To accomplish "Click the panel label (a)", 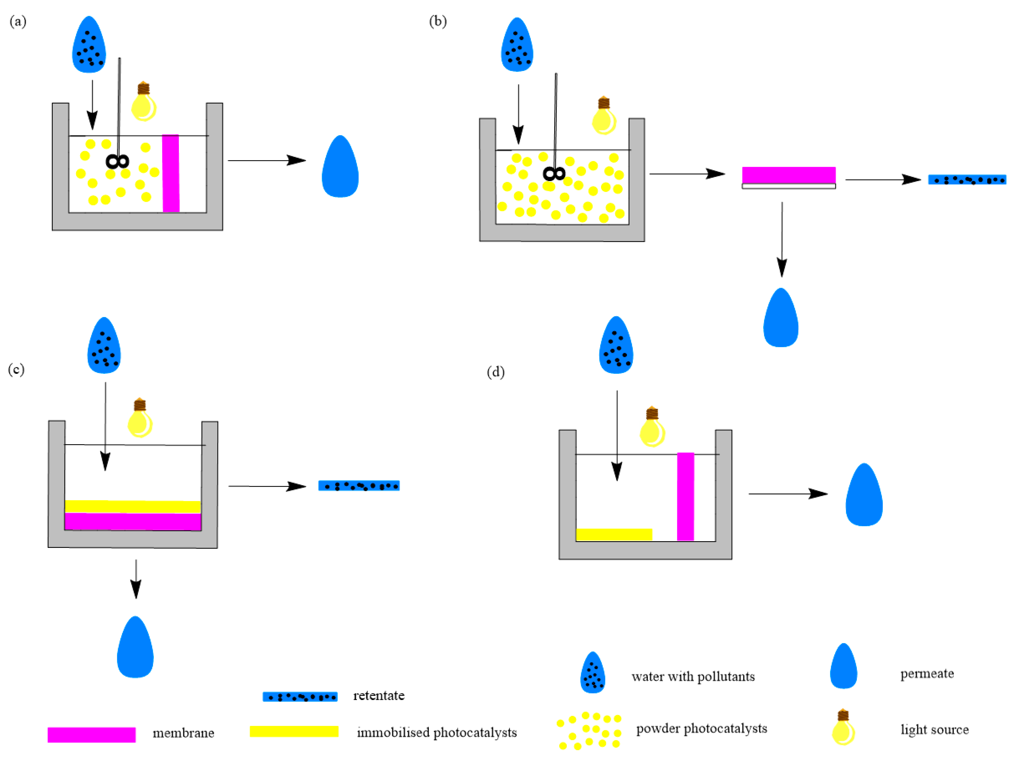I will coord(18,22).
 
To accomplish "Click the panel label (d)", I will coord(496,372).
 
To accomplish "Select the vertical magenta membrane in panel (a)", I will coord(171,173).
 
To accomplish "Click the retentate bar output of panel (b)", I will coord(967,180).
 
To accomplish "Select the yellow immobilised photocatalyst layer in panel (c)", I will coord(133,506).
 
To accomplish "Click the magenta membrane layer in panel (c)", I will coord(133,521).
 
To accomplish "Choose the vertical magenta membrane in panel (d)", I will coord(686,497).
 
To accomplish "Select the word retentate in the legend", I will coord(379,696).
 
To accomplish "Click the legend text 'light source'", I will coord(934,730).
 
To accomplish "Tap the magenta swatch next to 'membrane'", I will coord(92,734).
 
